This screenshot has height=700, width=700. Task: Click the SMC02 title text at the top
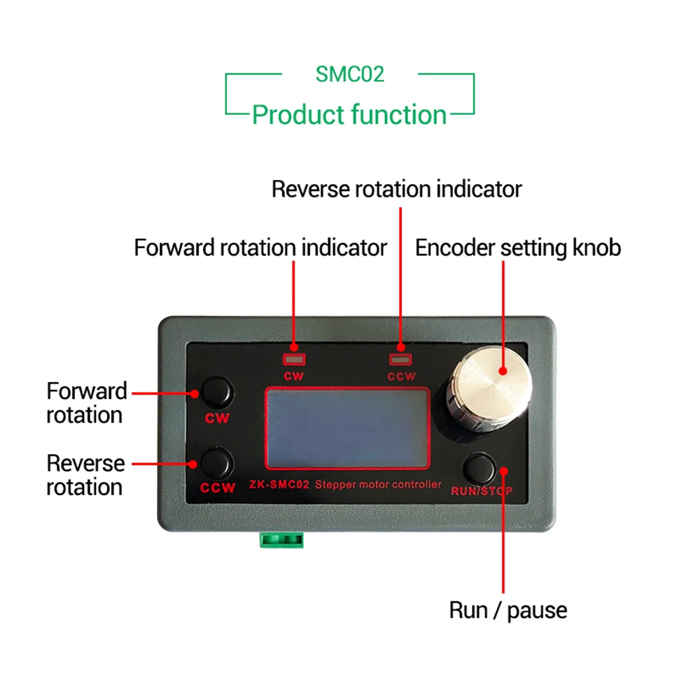[349, 73]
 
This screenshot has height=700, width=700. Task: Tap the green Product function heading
[349, 114]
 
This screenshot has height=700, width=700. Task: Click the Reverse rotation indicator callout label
[397, 189]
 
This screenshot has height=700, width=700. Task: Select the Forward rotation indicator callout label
[260, 247]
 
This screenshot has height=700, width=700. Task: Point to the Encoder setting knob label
[518, 247]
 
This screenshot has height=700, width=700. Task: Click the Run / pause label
[508, 610]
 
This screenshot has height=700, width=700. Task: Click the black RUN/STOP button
[481, 467]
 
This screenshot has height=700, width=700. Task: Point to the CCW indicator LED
[400, 360]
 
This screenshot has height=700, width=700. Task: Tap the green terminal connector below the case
[282, 540]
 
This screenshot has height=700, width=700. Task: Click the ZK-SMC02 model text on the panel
[279, 484]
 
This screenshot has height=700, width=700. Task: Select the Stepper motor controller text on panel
[379, 484]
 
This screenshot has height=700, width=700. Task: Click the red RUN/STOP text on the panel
[481, 491]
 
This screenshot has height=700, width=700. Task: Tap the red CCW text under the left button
[218, 488]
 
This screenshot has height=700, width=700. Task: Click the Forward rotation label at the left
[86, 402]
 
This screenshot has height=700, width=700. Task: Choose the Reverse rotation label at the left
[85, 475]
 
